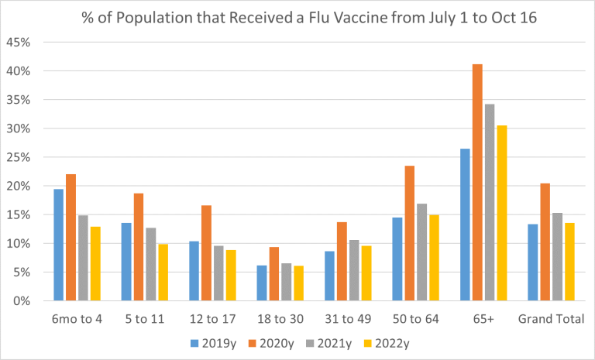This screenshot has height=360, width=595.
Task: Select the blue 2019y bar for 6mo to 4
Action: click(x=59, y=245)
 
